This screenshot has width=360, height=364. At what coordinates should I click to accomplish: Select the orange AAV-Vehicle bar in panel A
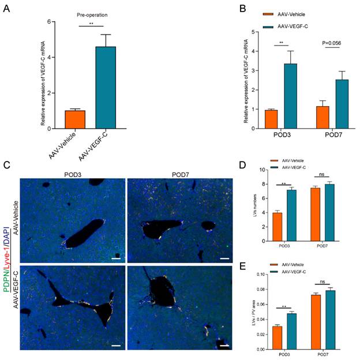click(75, 119)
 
